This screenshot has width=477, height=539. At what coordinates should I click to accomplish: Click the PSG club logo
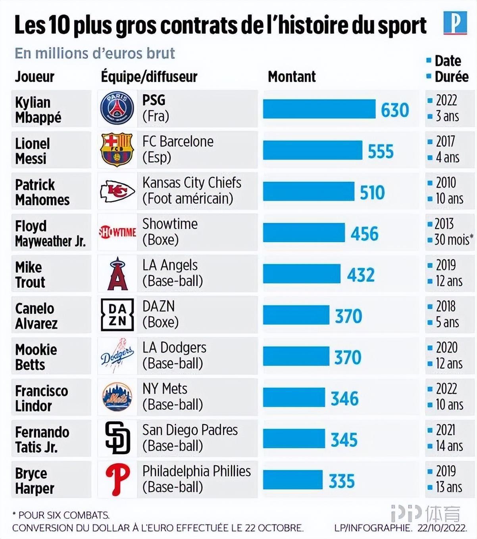click(x=117, y=108)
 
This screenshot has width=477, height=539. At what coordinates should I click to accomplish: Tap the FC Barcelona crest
click(x=117, y=149)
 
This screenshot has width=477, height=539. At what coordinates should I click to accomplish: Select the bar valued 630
click(x=319, y=109)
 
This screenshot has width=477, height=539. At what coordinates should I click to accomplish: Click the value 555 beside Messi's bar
click(x=381, y=151)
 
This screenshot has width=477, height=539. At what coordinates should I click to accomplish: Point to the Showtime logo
click(x=117, y=232)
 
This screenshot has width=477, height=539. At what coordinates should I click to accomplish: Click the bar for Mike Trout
click(x=302, y=274)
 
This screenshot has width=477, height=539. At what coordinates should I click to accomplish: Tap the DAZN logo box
click(x=117, y=315)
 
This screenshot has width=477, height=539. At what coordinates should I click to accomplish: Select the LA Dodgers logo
click(x=117, y=356)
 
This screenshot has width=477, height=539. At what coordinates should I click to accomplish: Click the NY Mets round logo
click(x=117, y=397)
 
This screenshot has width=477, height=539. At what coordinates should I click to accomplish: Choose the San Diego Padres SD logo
click(x=117, y=438)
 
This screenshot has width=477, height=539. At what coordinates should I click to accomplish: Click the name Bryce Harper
click(x=35, y=480)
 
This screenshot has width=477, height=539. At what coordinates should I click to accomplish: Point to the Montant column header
click(x=292, y=76)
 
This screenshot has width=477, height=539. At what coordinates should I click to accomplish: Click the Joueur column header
click(x=35, y=76)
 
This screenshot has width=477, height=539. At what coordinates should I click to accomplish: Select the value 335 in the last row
click(x=342, y=481)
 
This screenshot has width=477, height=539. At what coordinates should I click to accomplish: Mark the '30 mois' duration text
click(x=452, y=240)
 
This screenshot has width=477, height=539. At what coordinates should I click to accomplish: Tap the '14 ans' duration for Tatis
click(x=449, y=446)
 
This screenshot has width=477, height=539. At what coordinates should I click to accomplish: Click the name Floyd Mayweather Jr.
click(x=50, y=233)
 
